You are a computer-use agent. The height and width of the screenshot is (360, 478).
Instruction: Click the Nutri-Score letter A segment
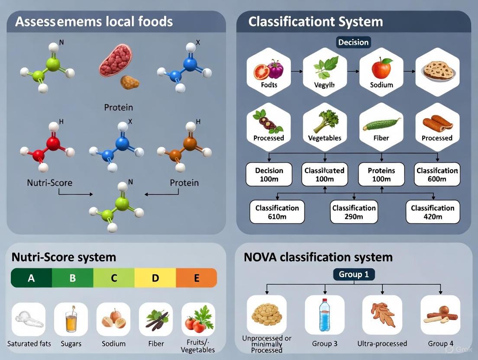pos(31,278)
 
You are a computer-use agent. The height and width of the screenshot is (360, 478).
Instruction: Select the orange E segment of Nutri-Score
pos(196,278)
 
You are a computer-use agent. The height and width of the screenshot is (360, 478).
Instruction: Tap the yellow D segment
pos(155,278)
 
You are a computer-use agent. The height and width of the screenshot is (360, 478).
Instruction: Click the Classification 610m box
pos(277,212)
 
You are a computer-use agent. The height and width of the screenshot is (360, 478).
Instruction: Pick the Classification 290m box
pos(354,212)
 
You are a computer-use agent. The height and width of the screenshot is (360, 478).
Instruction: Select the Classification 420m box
pos(433,212)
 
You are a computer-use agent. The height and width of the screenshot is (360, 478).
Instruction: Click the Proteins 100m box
pos(381,174)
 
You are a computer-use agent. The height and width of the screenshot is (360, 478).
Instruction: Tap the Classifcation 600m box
pos(437,174)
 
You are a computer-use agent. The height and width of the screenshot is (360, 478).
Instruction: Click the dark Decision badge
pos(353,42)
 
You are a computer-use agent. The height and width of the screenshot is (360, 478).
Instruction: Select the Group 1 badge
pos(354,274)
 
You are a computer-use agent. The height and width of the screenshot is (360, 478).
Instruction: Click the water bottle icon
pos(325,315)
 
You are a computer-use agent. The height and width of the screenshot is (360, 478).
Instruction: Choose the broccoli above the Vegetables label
pos(324,122)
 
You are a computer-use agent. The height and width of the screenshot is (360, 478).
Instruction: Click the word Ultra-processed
pos(382,344)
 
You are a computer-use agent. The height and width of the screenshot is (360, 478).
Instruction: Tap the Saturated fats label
pos(29,344)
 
